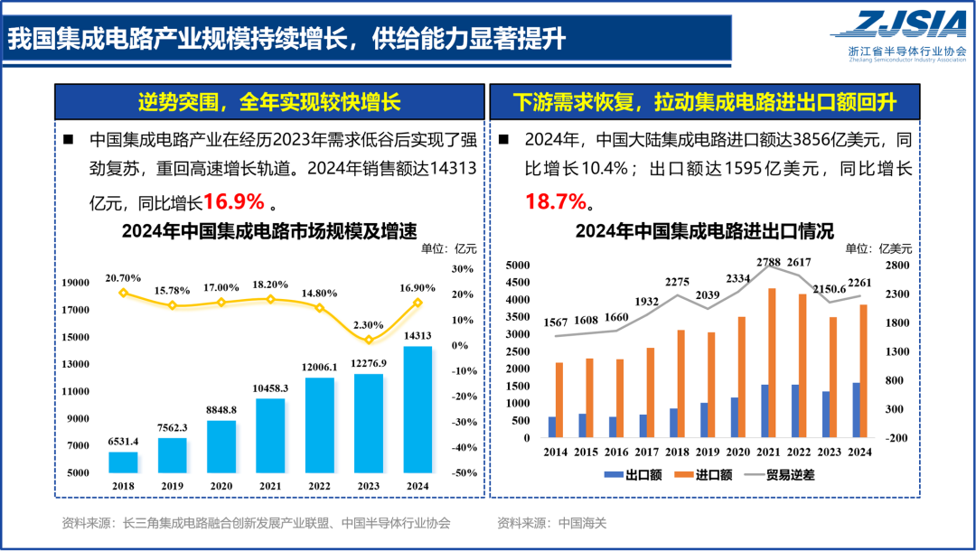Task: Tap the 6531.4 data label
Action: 123,442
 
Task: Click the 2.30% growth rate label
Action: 369,324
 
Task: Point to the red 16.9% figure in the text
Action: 233,201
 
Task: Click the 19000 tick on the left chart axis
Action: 75,283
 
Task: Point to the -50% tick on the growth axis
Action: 465,472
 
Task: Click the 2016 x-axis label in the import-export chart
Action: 617,451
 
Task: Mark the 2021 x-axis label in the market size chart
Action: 270,485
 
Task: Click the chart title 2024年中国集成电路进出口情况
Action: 704,230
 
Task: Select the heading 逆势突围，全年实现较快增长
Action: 268,100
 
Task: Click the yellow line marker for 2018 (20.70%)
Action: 124,293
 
